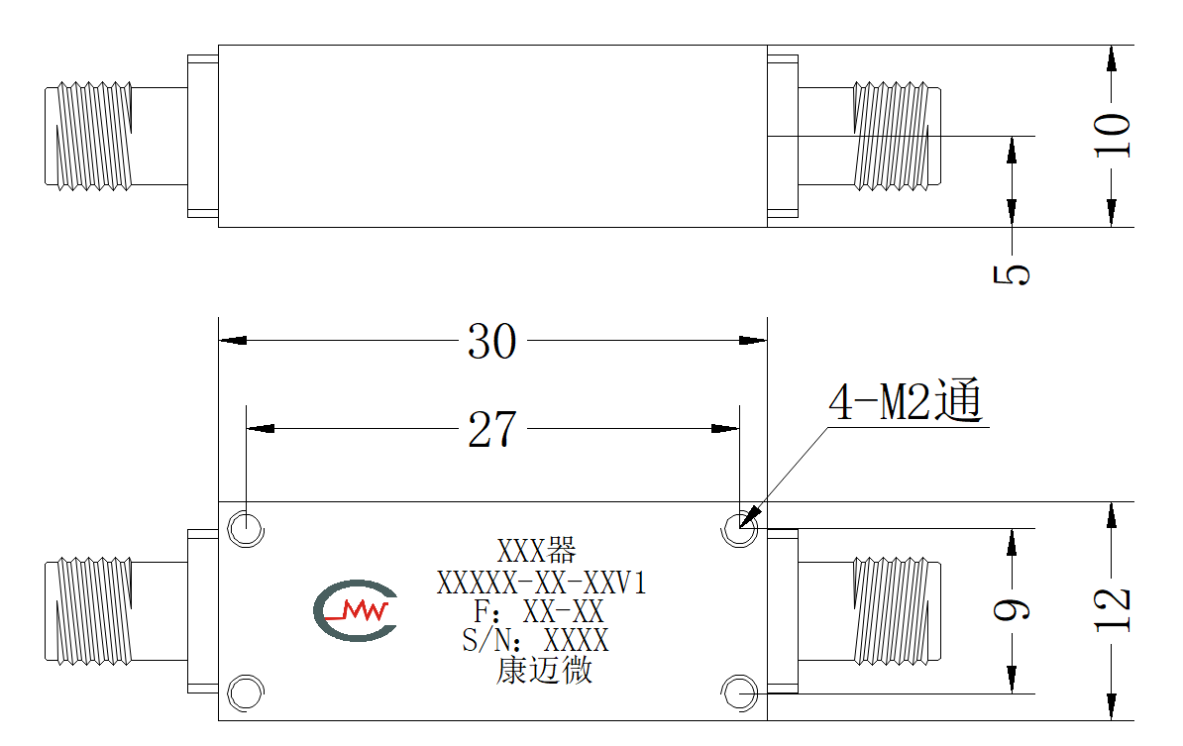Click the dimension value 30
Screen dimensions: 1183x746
(491, 342)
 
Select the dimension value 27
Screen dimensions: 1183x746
(491, 430)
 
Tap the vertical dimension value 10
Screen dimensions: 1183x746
(1113, 135)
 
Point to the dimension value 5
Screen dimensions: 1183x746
(1012, 273)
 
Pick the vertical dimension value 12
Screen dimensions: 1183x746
(1113, 609)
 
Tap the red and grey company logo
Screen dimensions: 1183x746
(356, 610)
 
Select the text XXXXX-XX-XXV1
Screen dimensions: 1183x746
(542, 584)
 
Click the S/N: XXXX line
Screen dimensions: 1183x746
(535, 641)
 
